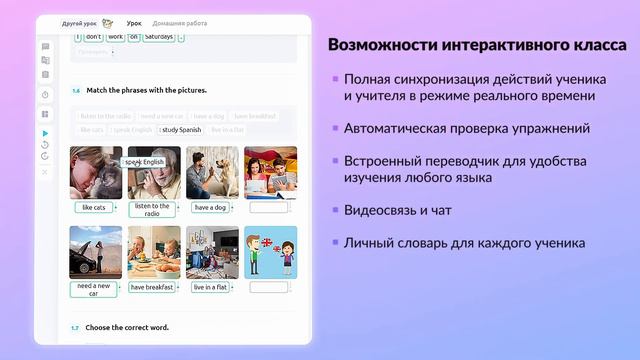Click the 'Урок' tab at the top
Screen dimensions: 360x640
[x=134, y=22]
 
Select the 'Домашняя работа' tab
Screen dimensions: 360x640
[x=180, y=22]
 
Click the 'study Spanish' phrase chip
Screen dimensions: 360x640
[x=183, y=129]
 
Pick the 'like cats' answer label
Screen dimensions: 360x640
[x=93, y=208]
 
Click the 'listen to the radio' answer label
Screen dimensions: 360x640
[x=152, y=209]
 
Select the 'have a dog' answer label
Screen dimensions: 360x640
[x=210, y=208]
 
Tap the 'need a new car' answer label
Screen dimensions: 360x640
[x=94, y=289]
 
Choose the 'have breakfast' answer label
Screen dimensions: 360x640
[x=152, y=287]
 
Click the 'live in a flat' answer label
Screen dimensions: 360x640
[x=210, y=287]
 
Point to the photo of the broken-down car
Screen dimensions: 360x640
[x=95, y=252]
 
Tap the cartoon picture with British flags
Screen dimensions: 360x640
[x=270, y=252]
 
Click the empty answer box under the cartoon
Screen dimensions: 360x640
[x=269, y=287]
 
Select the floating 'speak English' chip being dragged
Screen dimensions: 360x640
[x=144, y=162]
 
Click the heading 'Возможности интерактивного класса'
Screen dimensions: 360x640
[x=478, y=46]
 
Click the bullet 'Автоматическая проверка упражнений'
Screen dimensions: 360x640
[x=466, y=128]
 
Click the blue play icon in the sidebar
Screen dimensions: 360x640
[x=45, y=133]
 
